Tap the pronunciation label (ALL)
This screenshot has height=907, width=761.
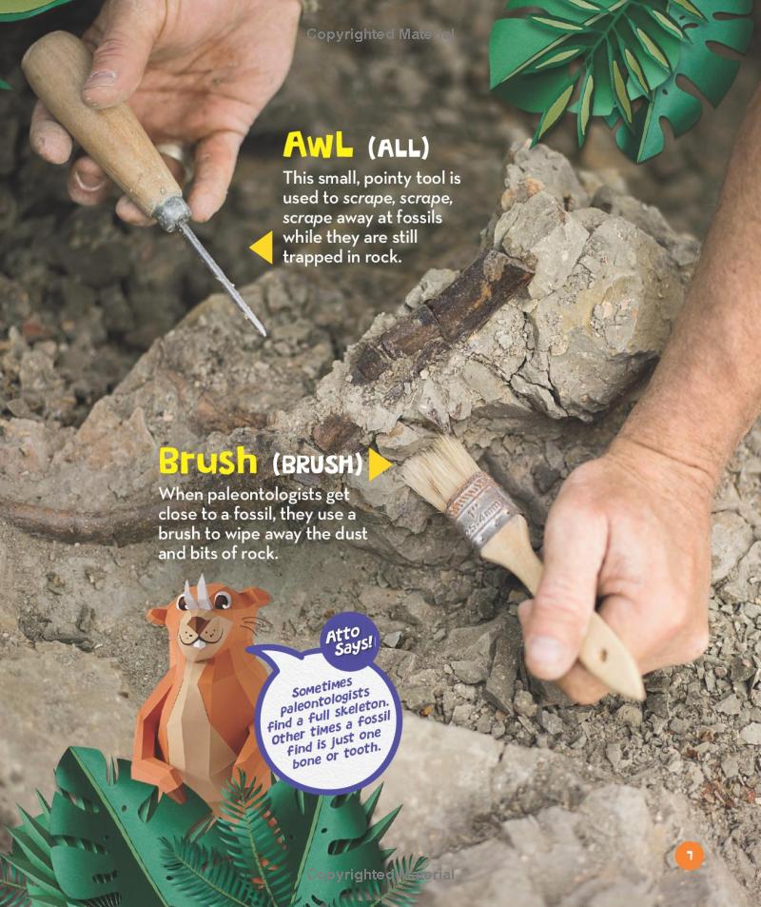tap(398, 148)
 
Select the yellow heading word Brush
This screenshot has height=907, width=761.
tap(208, 462)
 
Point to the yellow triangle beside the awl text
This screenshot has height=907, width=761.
tap(260, 247)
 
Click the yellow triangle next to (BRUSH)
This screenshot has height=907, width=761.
tap(380, 464)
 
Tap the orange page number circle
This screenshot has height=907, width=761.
tap(689, 856)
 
